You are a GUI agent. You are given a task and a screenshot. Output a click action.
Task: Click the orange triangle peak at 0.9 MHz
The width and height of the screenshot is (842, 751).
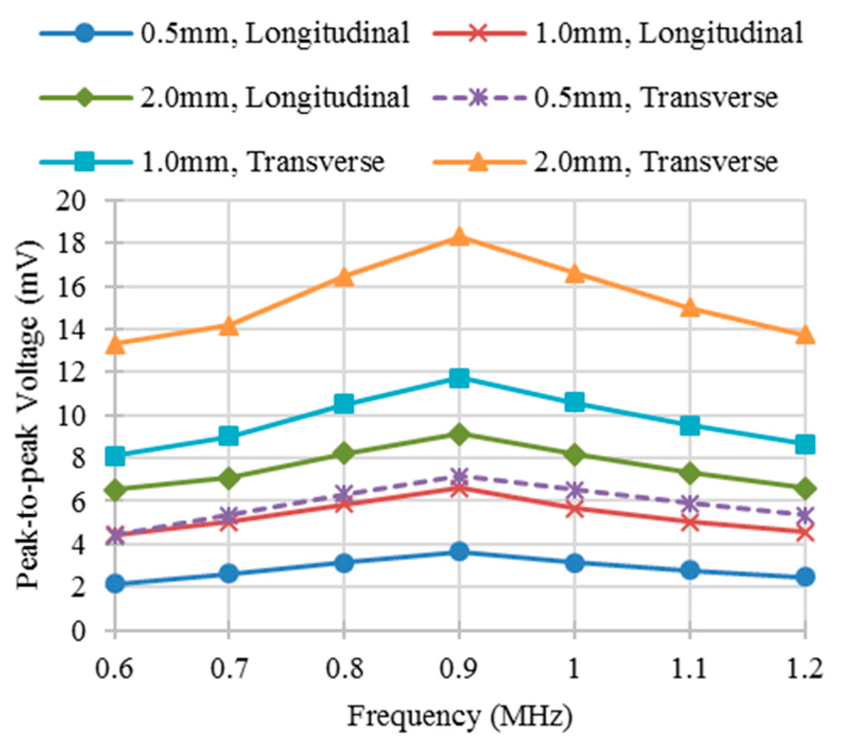(x=459, y=237)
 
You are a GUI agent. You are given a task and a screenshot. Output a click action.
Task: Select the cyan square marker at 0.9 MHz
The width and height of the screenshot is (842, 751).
(x=459, y=378)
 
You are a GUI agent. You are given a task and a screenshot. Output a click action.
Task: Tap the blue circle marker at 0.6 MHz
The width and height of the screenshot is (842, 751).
(x=115, y=583)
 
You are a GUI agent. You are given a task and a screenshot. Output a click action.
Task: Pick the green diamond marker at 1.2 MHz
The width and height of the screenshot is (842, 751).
(x=805, y=488)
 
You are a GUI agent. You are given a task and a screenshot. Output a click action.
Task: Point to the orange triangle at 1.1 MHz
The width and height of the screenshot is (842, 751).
(x=690, y=308)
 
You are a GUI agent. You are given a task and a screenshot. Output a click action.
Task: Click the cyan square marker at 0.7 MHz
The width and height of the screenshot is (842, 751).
(x=229, y=436)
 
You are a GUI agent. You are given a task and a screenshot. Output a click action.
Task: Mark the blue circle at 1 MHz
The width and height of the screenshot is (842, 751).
(x=575, y=563)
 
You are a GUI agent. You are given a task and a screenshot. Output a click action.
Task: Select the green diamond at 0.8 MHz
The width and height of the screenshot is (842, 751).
(x=344, y=453)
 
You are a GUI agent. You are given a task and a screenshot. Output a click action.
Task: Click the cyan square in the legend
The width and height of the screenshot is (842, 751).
(x=84, y=162)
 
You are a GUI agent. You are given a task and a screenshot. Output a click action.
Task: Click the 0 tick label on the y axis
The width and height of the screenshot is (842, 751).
(x=78, y=631)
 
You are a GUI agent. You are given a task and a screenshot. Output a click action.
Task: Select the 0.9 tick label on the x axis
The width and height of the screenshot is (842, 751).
(x=459, y=669)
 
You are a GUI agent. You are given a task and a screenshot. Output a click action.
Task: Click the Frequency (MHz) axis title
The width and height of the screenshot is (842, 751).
(x=459, y=717)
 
